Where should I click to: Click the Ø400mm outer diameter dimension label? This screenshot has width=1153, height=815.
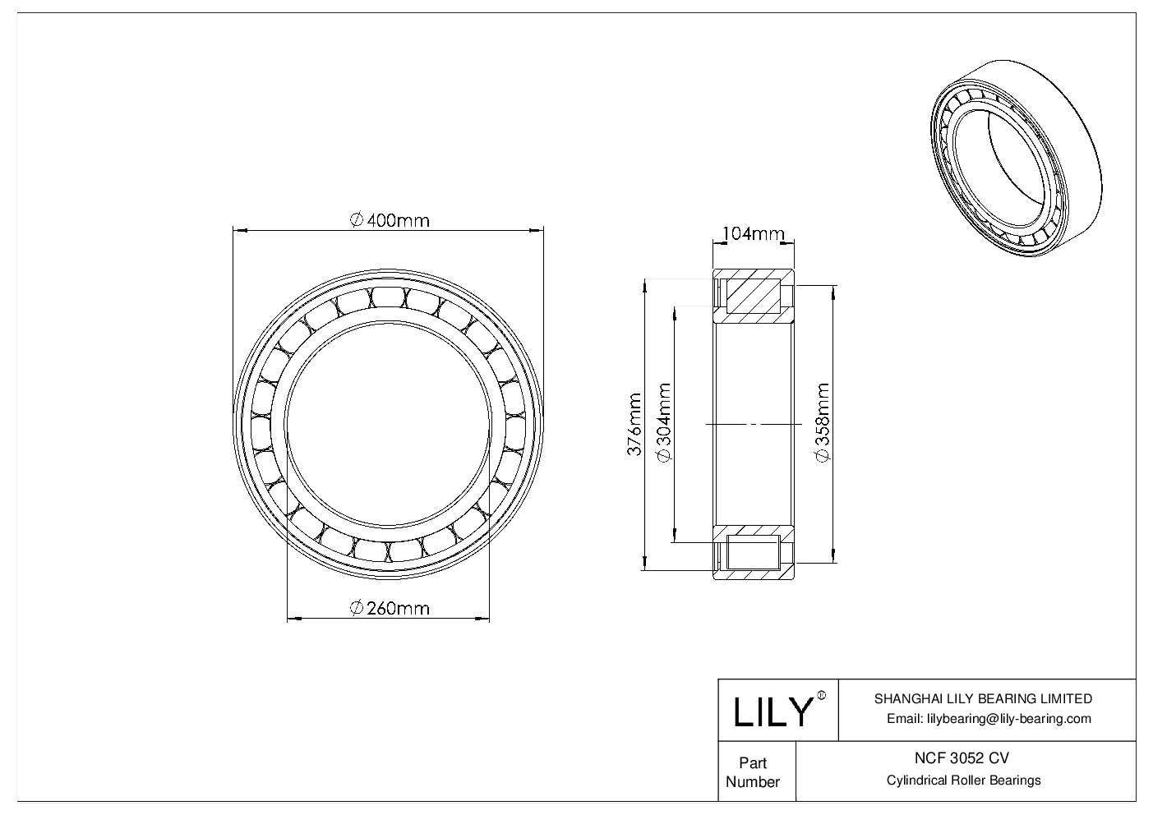(389, 220)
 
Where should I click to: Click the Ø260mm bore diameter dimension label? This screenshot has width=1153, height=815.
(389, 608)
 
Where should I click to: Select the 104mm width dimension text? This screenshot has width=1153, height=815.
(752, 234)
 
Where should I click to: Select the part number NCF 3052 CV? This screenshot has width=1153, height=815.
(964, 758)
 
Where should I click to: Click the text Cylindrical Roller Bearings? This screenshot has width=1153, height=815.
(964, 780)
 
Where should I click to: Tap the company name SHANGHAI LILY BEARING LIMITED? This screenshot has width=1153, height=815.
(983, 699)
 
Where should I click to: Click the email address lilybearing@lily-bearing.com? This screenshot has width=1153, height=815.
(989, 719)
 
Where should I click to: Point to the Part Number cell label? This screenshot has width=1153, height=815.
(753, 772)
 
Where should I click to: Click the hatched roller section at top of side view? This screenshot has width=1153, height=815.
(752, 297)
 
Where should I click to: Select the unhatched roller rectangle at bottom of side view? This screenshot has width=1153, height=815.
(752, 552)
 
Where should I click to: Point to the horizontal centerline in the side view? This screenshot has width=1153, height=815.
(752, 424)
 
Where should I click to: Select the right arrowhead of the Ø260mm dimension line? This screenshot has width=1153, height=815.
(486, 618)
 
